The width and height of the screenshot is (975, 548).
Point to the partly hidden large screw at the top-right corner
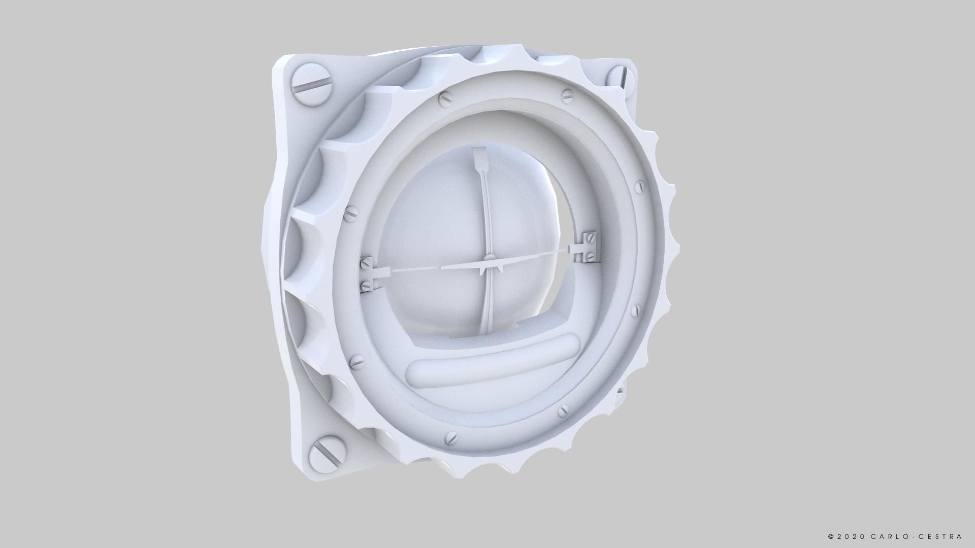(x=620, y=76)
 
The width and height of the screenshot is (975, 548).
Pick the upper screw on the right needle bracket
(x=591, y=237)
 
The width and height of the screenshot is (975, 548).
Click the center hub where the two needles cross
(x=483, y=267)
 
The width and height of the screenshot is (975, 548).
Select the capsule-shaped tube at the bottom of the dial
(x=493, y=367)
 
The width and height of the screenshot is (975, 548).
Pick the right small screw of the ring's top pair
(x=568, y=95)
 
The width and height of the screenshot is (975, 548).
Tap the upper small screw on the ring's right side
(x=640, y=186)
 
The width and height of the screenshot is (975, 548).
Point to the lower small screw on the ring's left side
(x=359, y=361)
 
